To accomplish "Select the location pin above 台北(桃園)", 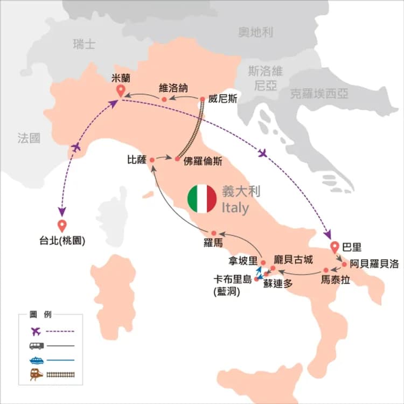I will click(x=61, y=226).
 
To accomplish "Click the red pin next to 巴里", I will click(x=336, y=247).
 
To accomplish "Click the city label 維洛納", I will click(x=173, y=88).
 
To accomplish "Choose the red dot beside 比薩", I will click(x=152, y=159).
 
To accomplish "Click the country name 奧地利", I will click(x=255, y=33).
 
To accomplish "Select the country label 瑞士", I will click(x=84, y=44).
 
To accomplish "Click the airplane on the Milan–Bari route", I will click(x=263, y=154).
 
